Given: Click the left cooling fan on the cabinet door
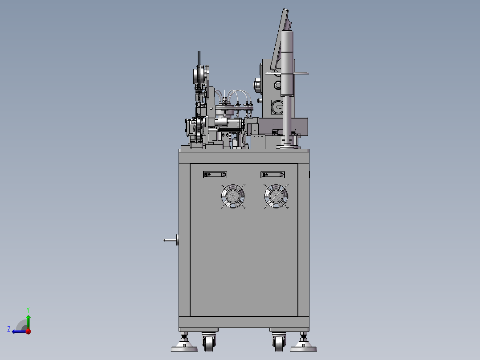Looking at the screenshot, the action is tap(233, 196).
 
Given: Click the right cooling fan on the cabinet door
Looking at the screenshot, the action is tap(276, 196).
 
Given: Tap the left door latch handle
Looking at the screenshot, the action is tap(215, 175).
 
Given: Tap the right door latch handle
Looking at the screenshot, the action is tap(273, 175).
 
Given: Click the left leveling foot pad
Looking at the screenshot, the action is tap(184, 347).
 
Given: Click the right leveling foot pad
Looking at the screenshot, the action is tap(303, 347).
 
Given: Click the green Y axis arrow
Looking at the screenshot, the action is tap(28, 322).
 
